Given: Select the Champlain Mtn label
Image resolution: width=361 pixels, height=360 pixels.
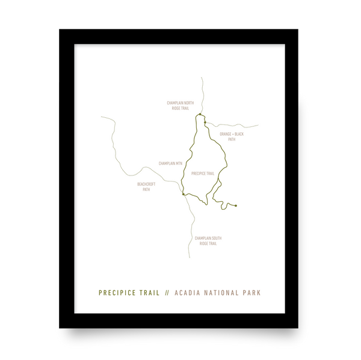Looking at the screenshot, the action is pos(169,163).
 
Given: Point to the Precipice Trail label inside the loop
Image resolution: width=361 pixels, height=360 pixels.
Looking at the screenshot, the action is pos(203,173).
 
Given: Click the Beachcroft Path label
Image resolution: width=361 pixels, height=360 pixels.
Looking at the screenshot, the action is pos(146,186).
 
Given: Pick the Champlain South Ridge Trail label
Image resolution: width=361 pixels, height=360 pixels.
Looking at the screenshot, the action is pos(208,240).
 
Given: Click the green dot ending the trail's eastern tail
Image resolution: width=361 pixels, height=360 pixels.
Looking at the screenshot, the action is pos(236,206).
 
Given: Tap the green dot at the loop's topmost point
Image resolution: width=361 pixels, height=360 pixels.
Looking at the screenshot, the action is pos(199,114).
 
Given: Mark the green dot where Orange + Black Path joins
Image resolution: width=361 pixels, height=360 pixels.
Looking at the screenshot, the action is pos(205,123).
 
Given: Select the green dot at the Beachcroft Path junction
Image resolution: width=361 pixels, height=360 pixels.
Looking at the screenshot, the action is pos(183,194).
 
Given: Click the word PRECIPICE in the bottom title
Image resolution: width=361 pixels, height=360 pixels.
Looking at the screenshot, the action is pos(121,293).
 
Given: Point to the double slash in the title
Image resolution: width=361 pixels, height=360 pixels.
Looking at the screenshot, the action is pos(167,293).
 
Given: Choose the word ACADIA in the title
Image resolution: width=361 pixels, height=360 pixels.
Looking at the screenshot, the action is pos(188,293).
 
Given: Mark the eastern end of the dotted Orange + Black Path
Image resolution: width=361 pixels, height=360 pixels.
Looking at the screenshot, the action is pos(258,126).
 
